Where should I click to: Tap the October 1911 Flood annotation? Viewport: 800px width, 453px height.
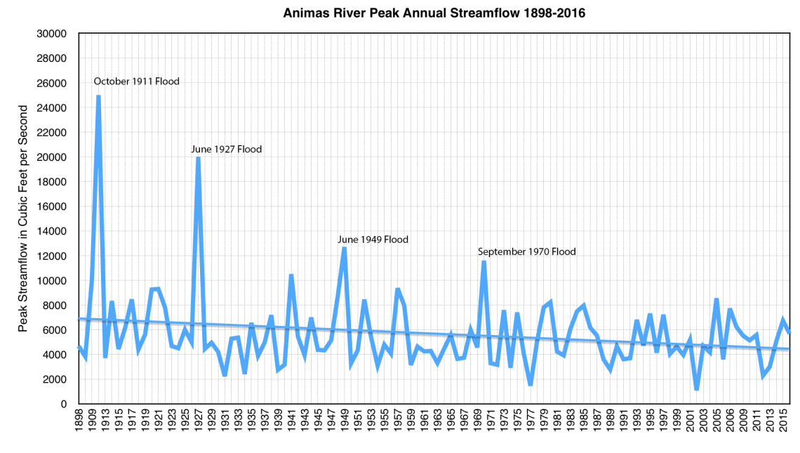(x=136, y=81)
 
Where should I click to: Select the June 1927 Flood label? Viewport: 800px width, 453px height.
(x=226, y=149)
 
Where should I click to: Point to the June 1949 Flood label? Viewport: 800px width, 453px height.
(x=373, y=239)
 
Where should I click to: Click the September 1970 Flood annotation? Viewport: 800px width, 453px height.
(x=526, y=251)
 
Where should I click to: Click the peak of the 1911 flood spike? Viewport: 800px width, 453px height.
(x=98, y=96)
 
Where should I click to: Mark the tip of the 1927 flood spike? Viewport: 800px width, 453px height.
(x=199, y=158)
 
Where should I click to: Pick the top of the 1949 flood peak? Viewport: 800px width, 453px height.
(x=344, y=248)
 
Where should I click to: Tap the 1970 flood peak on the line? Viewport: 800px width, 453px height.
(x=484, y=262)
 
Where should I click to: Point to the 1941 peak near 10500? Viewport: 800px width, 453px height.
(x=291, y=275)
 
